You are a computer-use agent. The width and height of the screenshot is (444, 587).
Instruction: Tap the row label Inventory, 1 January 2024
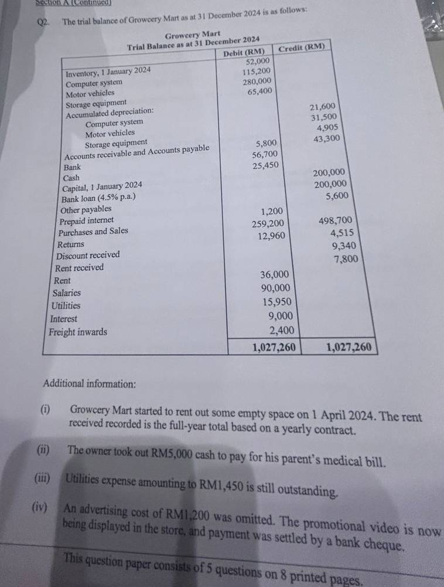(x=108, y=71)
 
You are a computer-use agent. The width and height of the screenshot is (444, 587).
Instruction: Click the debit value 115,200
(x=257, y=72)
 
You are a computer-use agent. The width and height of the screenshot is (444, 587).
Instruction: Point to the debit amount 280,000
(x=257, y=82)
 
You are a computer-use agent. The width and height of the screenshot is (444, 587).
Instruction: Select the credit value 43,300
(x=326, y=139)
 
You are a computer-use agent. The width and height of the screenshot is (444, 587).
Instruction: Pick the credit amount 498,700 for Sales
(x=336, y=220)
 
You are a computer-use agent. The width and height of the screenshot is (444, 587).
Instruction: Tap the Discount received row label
(x=88, y=255)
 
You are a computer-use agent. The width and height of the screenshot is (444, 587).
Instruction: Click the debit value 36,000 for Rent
(x=274, y=274)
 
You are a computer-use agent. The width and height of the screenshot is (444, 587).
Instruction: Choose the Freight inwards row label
(x=78, y=332)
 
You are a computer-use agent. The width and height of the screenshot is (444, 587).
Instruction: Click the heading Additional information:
(x=90, y=384)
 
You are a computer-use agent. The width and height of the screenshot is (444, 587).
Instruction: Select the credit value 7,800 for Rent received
(x=346, y=259)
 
